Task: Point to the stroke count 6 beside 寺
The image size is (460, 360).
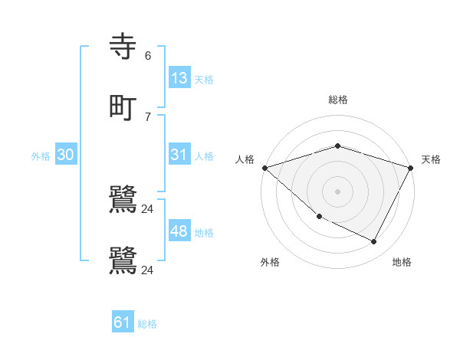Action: [148, 56]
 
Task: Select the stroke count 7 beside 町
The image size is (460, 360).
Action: [148, 116]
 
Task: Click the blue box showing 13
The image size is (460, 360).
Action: [179, 78]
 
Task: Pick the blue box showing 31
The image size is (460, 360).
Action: [179, 155]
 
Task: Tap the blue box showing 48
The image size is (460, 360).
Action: [179, 231]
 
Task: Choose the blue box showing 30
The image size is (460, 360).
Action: [66, 155]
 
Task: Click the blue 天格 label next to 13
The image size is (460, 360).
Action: [204, 80]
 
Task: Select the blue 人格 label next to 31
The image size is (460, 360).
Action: [204, 156]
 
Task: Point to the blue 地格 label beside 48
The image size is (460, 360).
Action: [204, 233]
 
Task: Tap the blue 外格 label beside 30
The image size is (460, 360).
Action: [41, 156]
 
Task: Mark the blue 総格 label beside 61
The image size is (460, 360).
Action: [147, 324]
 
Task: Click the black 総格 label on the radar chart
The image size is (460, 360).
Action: [338, 100]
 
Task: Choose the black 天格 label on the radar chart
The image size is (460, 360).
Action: [431, 159]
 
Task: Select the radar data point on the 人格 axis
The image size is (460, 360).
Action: [264, 168]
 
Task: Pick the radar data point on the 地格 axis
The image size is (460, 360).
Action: [374, 242]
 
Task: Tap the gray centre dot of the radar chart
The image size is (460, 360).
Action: [338, 191]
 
